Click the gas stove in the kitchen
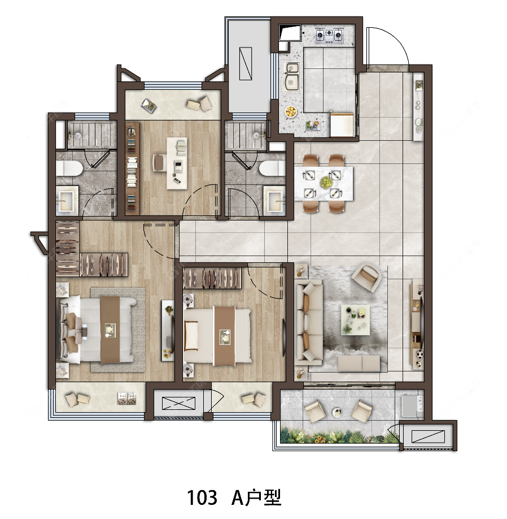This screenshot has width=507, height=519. pos(329,36)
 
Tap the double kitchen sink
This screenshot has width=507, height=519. pos(292,77)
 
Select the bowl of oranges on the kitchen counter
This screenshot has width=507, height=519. pos(291,111)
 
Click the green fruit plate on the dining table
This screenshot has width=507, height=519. pos(326,181)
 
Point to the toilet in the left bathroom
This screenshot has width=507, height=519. pos(68,168)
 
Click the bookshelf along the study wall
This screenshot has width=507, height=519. pos(133,168)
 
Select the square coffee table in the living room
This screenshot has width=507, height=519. pos(355,320)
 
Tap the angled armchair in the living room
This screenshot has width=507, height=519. pos(366,277)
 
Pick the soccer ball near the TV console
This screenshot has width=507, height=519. pos(419,355)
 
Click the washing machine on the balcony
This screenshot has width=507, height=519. pos(412,406)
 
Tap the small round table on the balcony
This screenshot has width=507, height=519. pos(338,412)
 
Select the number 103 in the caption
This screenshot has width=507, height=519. pos(202,498)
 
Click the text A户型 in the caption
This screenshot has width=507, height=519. pos(256,498)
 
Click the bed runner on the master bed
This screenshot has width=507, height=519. pos(110,330)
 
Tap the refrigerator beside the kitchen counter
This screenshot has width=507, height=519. pos(342,124)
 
